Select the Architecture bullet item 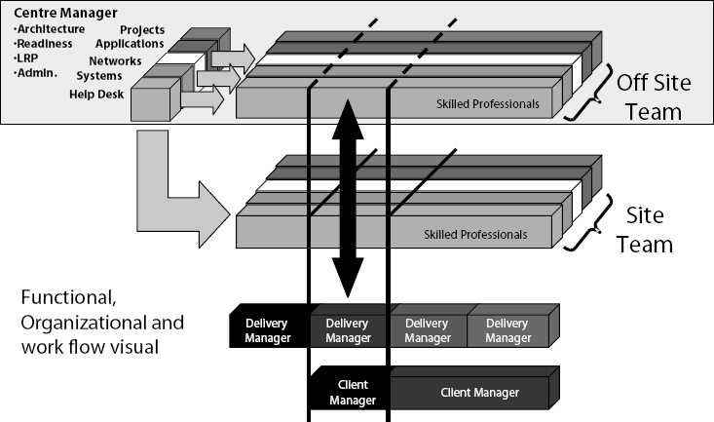click(50, 28)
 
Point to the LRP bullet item click(26, 58)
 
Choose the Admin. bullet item click(35, 73)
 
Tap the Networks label click(116, 60)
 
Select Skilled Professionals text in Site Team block click(476, 234)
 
